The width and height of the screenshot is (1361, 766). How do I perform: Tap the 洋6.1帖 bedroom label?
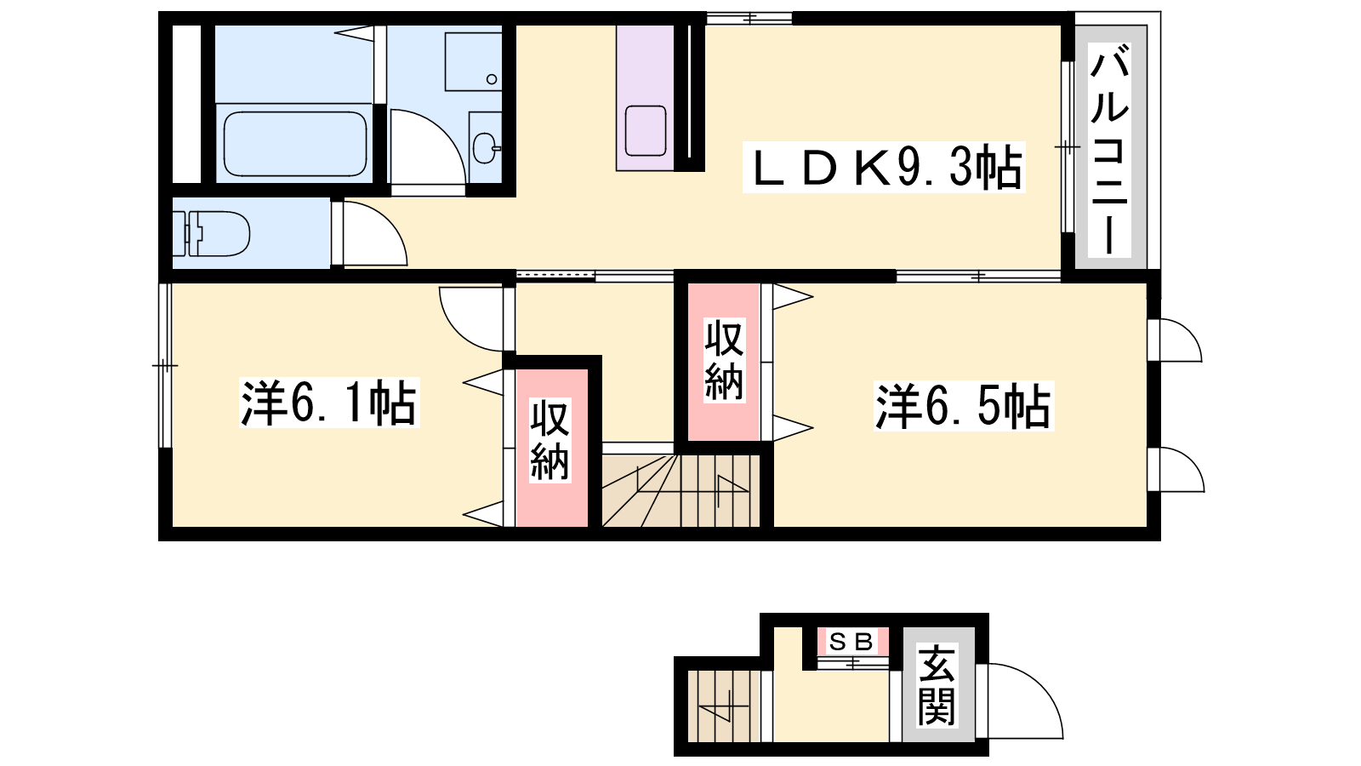(x=328, y=403)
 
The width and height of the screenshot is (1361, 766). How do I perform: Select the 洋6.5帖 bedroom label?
(x=964, y=406)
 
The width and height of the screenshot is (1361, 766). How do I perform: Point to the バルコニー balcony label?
(x=1109, y=150)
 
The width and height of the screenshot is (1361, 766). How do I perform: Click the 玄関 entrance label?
(x=937, y=686)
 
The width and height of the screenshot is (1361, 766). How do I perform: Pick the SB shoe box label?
(x=851, y=642)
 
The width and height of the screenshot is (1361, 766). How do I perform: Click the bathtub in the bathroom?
(x=295, y=144)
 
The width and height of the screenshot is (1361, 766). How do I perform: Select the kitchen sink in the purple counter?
(x=646, y=131)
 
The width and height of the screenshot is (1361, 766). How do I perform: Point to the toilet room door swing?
(x=371, y=233)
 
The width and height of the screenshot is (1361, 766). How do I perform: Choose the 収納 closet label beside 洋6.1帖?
(x=550, y=440)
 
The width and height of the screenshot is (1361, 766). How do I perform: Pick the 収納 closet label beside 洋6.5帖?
(x=724, y=361)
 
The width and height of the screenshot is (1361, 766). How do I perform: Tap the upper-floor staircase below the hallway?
(x=680, y=490)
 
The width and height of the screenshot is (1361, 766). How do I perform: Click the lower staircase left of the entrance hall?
(x=724, y=706)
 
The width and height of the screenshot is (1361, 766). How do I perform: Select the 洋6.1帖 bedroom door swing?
(x=474, y=318)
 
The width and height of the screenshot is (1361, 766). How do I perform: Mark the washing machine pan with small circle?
(x=473, y=61)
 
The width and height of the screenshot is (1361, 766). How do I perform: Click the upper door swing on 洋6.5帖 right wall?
(x=1176, y=340)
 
